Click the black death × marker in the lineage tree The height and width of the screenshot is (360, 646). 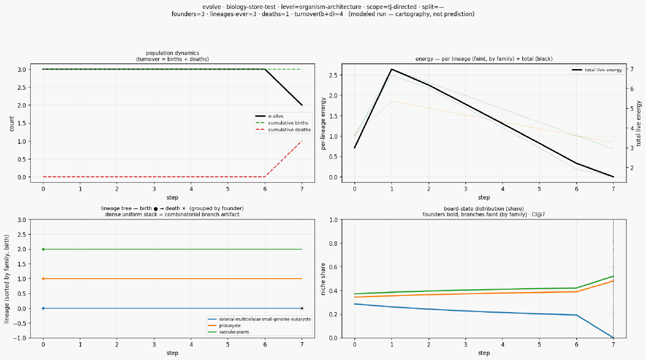[x=302, y=309]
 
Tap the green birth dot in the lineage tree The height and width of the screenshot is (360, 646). [x=43, y=249]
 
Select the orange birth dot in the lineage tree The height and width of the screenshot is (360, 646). [x=43, y=279]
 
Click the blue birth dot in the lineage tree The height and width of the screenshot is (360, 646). [x=43, y=309]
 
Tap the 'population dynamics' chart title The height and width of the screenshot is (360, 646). [x=172, y=53]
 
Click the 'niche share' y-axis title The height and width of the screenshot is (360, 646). [x=323, y=279]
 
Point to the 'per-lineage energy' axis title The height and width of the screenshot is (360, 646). [x=323, y=123]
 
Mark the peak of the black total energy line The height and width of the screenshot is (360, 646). [x=391, y=69]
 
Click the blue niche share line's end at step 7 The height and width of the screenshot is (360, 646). [x=614, y=338]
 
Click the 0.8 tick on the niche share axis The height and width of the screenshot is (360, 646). [x=334, y=244]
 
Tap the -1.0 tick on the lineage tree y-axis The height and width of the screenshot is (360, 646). [x=21, y=338]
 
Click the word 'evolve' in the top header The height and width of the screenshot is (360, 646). [x=211, y=7]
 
